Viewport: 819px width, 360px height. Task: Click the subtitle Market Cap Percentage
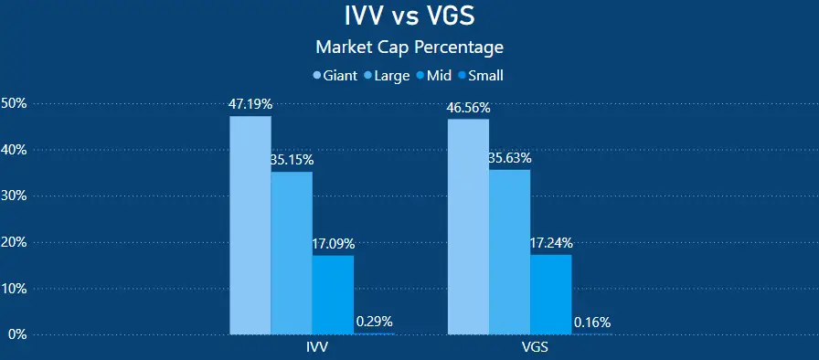pos(409,46)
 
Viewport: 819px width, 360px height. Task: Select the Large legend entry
pos(388,76)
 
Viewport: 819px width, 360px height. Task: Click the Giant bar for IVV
pos(250,225)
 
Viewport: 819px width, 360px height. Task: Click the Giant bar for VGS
pos(468,227)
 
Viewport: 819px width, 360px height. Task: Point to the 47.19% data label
pos(250,104)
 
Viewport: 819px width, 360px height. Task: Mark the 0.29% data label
pos(374,322)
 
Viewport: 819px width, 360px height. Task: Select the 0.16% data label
pos(592,322)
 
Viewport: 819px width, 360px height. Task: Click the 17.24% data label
pos(550,243)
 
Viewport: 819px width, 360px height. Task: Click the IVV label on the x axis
pos(317,349)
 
